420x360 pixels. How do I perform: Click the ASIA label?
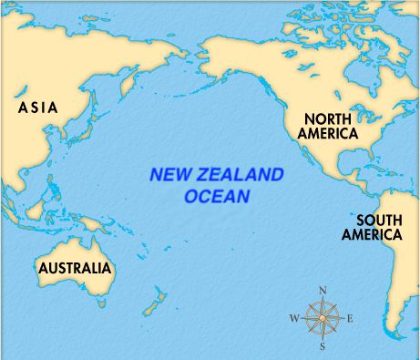click(x=37, y=108)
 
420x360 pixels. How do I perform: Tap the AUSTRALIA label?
click(x=75, y=268)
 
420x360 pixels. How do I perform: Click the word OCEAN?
click(x=217, y=196)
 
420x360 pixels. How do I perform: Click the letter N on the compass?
click(x=323, y=291)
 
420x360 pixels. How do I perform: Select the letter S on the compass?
click(x=323, y=346)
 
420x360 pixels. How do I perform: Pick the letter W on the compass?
click(x=293, y=319)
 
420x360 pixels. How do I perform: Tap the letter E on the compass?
click(x=351, y=319)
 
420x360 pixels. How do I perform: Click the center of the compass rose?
click(x=323, y=318)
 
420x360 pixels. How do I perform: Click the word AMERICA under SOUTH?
click(x=371, y=234)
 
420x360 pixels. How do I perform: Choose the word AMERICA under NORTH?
click(x=332, y=134)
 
